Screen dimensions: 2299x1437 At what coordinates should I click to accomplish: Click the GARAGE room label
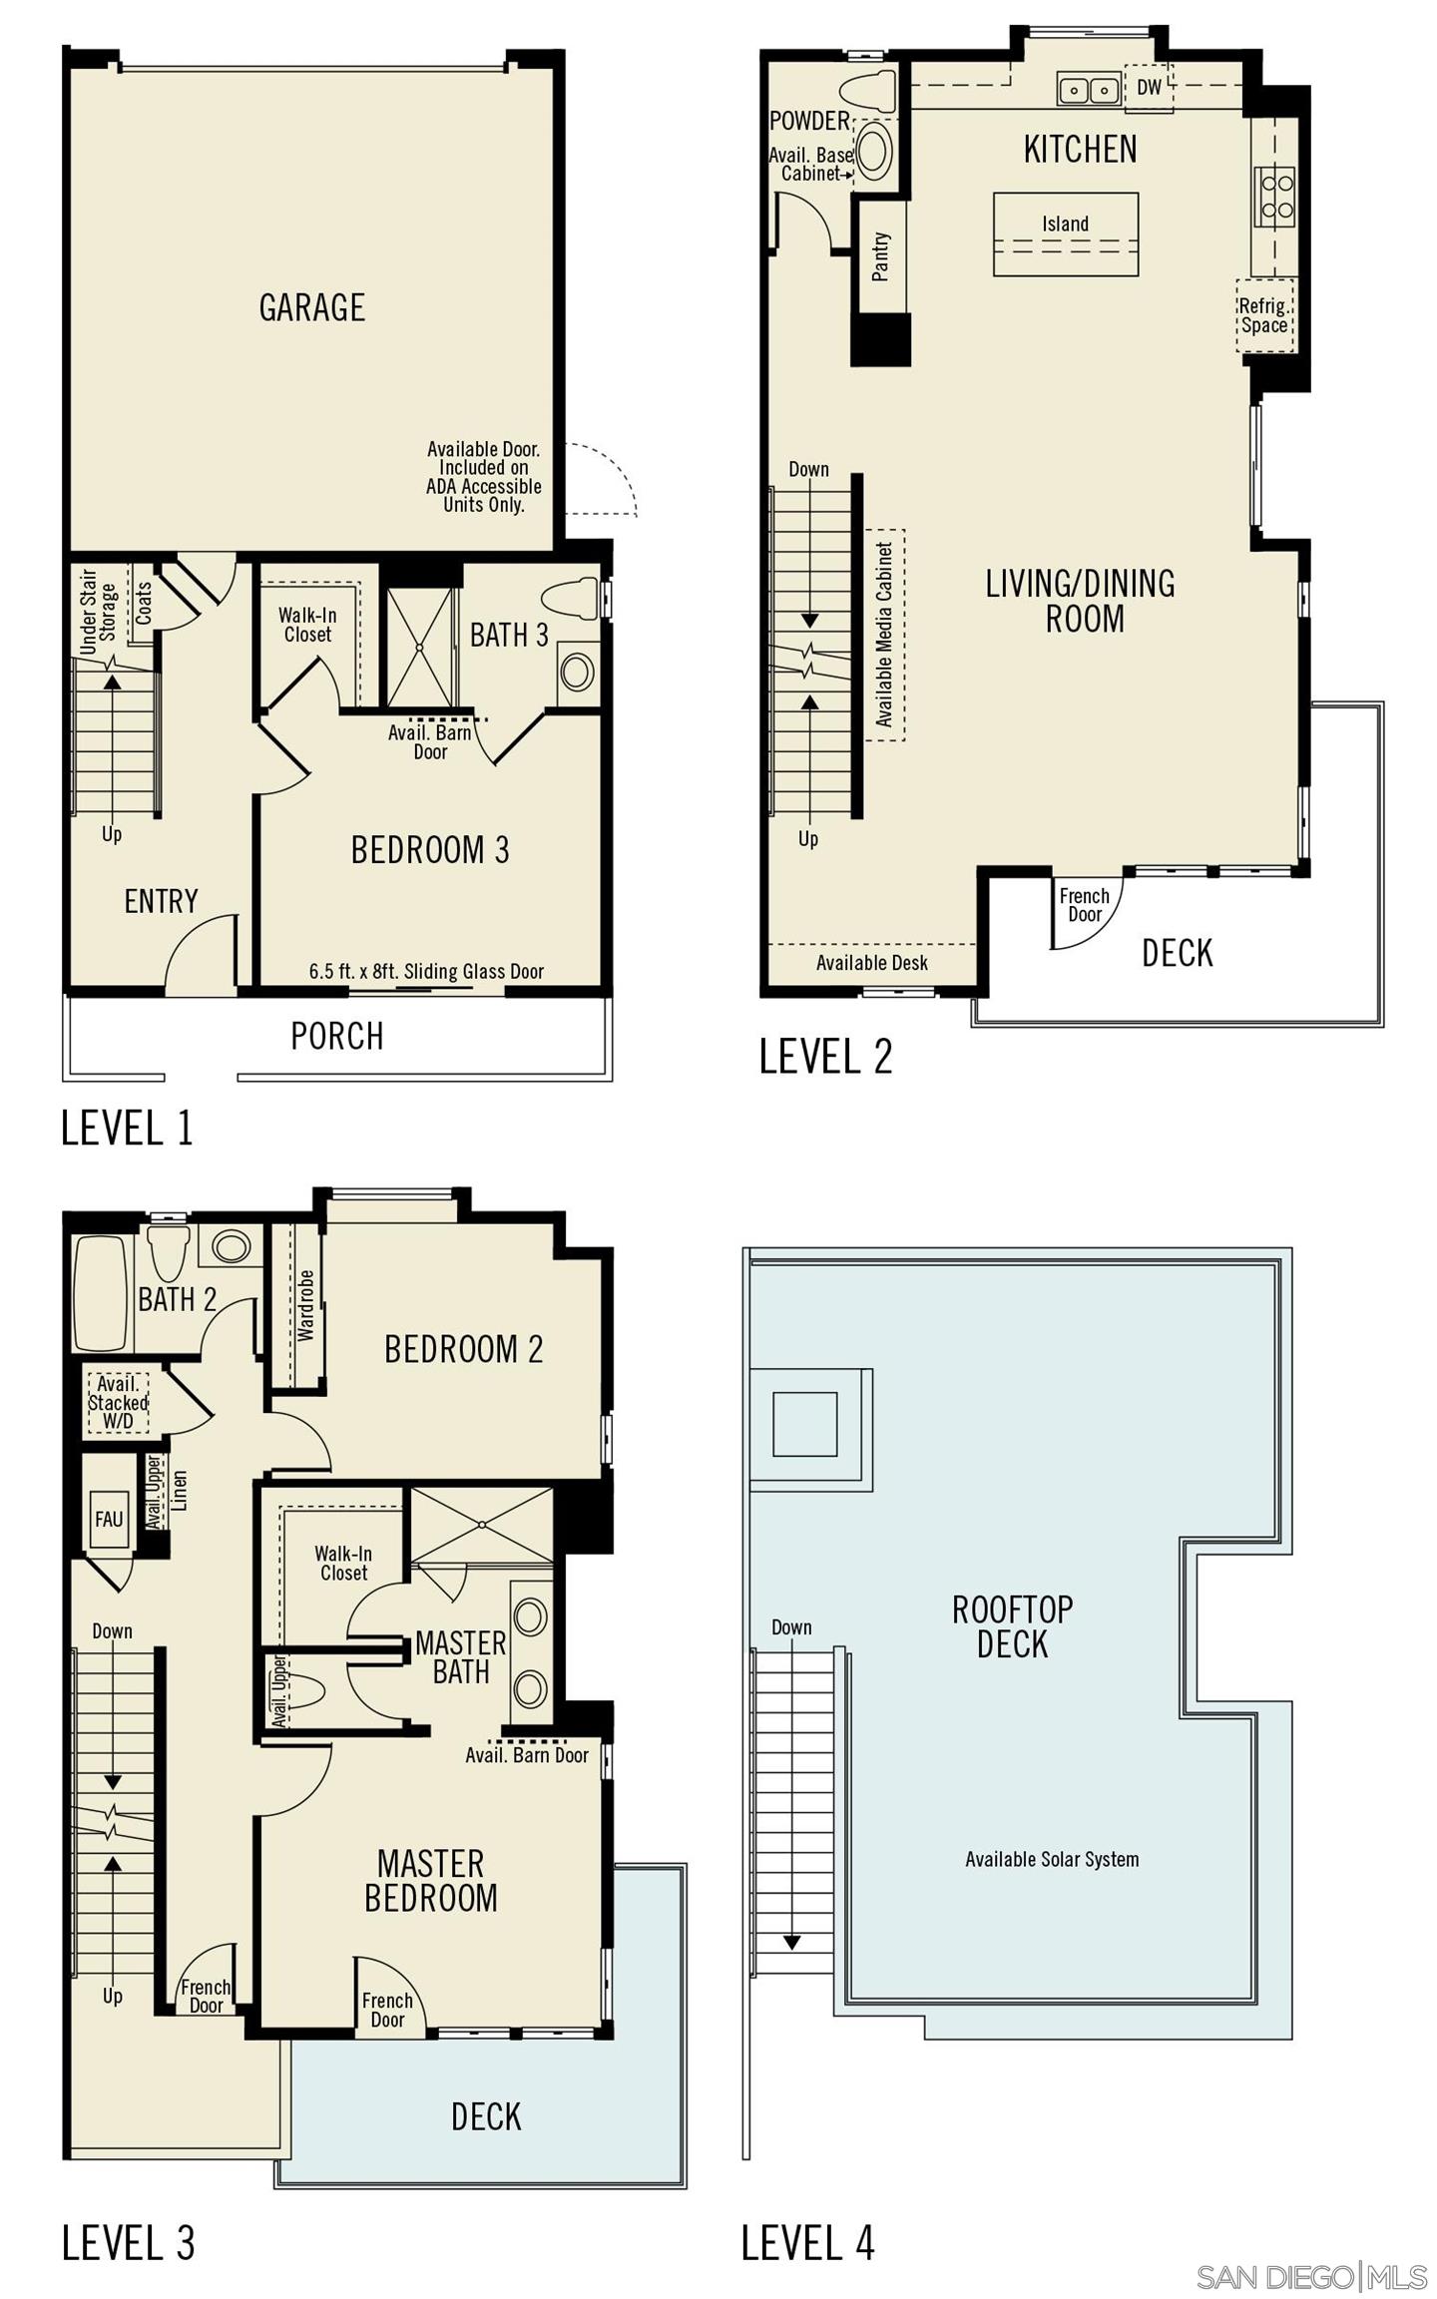click(311, 307)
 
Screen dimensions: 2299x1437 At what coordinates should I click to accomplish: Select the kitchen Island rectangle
click(1065, 233)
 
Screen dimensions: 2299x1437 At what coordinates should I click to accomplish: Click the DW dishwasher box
click(1149, 88)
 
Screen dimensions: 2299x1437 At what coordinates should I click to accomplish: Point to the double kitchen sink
click(1088, 90)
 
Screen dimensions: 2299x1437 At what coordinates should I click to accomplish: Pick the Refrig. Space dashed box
click(1264, 316)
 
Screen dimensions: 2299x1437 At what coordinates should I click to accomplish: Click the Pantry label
click(880, 256)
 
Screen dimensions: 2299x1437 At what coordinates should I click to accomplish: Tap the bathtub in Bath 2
click(100, 1292)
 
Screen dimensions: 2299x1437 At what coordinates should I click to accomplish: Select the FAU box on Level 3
click(109, 1518)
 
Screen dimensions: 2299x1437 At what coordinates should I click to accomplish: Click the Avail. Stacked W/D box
click(118, 1402)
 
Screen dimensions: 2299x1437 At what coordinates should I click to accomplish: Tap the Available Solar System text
click(1051, 1859)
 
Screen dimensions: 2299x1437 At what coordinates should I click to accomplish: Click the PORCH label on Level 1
click(336, 1036)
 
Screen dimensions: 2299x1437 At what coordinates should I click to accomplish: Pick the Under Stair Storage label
click(98, 611)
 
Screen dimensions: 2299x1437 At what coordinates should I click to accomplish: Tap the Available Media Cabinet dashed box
click(884, 635)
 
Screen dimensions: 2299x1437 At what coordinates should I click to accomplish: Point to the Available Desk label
click(871, 963)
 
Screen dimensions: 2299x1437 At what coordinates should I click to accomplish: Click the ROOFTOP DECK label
click(1012, 1626)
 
